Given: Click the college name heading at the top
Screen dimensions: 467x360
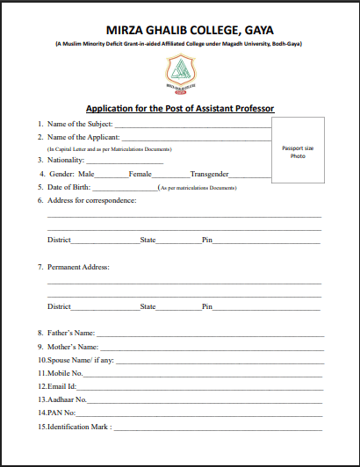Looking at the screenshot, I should [179, 30].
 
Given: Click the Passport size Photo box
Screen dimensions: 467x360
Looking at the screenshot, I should [298, 152].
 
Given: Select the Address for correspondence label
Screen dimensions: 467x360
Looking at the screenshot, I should [91, 201].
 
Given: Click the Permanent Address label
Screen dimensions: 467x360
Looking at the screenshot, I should [78, 267].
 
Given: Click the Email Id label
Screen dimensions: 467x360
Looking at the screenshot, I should [62, 386].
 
